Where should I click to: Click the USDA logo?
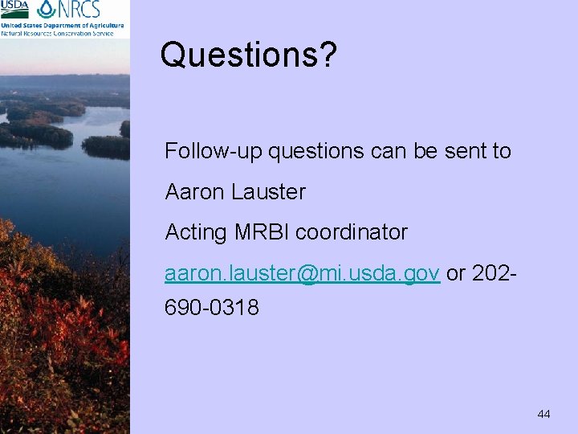[14, 9]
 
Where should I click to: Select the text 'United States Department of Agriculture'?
[63, 25]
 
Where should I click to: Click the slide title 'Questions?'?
[248, 55]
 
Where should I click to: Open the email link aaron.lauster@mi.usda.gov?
[302, 274]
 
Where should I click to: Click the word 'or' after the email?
[455, 274]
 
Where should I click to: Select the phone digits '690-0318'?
[212, 307]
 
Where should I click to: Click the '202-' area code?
[492, 274]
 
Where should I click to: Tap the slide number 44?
[543, 414]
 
